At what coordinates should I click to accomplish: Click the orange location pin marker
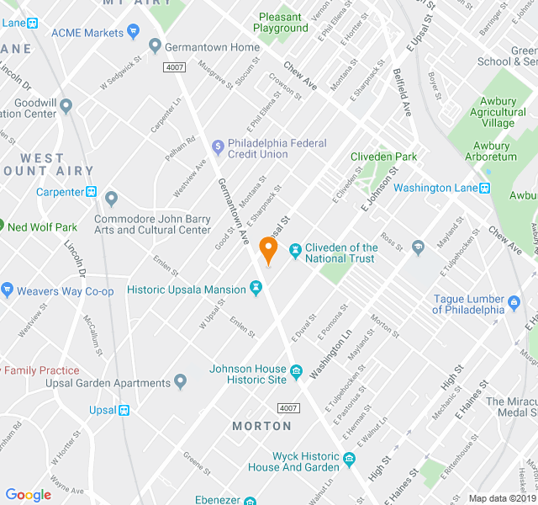[x=268, y=250]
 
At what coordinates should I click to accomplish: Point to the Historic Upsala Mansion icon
[x=256, y=290]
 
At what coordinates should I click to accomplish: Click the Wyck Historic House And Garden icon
[x=350, y=460]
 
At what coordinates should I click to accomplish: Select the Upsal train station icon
[x=124, y=411]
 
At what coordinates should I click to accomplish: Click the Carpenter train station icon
[x=92, y=192]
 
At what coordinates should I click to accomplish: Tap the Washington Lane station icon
[x=484, y=188]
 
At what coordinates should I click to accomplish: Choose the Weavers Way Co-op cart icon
[x=8, y=291]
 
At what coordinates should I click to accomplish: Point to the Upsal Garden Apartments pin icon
[x=180, y=383]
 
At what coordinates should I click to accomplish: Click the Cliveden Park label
[x=383, y=157]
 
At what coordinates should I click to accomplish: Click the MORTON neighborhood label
[x=261, y=426]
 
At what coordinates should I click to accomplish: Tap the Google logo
[x=28, y=495]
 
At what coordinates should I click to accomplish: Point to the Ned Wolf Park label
[x=42, y=227]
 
